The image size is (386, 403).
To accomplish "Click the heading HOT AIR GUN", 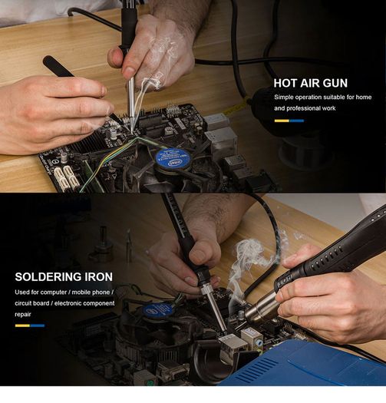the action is point(311,83).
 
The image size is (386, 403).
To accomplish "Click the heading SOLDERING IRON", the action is point(64,277).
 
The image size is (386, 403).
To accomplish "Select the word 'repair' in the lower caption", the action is point(23,314).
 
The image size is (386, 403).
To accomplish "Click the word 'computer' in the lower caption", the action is point(54,292).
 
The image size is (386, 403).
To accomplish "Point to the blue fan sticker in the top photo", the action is point(170,158).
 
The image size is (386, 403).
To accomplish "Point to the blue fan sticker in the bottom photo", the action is point(157,310).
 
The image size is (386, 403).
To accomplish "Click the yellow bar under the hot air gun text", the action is point(282,121).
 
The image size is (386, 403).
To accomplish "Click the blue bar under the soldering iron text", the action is point(38,325).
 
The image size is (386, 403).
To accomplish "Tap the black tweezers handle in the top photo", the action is point(58,67).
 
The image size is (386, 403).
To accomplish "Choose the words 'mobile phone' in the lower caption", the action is point(91,292).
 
